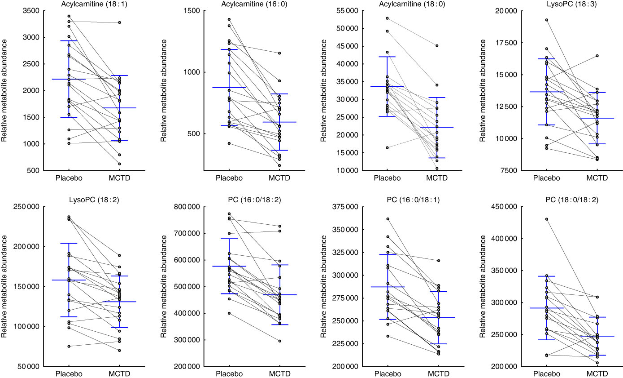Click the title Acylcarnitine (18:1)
tap(94, 4)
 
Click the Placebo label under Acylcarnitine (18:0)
tap(388, 178)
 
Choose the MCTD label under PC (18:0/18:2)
tap(597, 374)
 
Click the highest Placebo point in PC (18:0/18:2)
tap(547, 219)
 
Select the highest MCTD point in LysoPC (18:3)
tap(597, 56)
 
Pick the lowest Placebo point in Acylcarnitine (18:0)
tap(387, 147)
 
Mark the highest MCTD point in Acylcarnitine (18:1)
tap(120, 22)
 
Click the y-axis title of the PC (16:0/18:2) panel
tap(166, 286)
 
